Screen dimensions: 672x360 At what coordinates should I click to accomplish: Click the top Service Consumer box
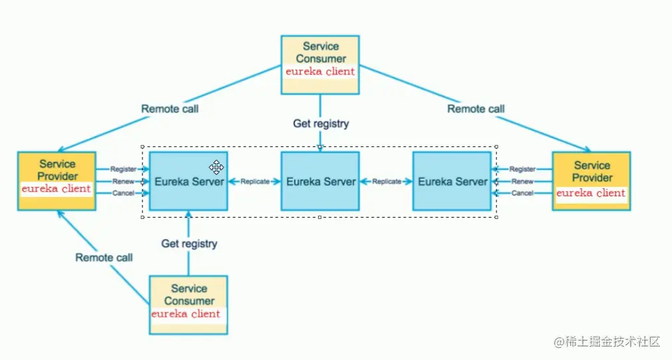click(x=320, y=65)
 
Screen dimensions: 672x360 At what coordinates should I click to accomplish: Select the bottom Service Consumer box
click(x=188, y=305)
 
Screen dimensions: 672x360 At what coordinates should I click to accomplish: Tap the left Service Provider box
click(x=57, y=181)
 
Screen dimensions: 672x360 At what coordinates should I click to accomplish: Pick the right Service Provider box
click(x=591, y=181)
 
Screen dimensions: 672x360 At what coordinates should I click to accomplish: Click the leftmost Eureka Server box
click(x=188, y=181)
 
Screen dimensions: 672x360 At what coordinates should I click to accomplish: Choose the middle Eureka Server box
click(x=320, y=181)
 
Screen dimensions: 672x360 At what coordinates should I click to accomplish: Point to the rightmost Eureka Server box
click(x=452, y=181)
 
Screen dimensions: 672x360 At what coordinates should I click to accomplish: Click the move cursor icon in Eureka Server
click(x=216, y=167)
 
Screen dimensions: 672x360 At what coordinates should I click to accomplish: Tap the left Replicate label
click(x=255, y=181)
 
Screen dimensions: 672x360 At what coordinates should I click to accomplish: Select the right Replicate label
click(x=387, y=181)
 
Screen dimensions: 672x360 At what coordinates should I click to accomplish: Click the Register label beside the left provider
click(x=124, y=169)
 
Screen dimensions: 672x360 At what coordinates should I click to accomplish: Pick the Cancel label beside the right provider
click(x=522, y=193)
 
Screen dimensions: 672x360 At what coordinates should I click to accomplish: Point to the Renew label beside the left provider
click(x=124, y=181)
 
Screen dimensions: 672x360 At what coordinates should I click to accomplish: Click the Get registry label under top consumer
click(x=321, y=124)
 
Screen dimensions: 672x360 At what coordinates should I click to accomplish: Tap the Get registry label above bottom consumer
click(x=189, y=244)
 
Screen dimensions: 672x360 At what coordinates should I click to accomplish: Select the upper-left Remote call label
click(x=170, y=109)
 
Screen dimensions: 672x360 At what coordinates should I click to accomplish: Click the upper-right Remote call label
click(x=476, y=109)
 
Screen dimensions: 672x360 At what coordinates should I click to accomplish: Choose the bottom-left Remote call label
click(x=104, y=258)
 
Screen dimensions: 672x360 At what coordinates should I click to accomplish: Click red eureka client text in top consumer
click(x=321, y=72)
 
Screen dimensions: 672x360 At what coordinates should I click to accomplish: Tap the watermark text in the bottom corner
click(x=607, y=341)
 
